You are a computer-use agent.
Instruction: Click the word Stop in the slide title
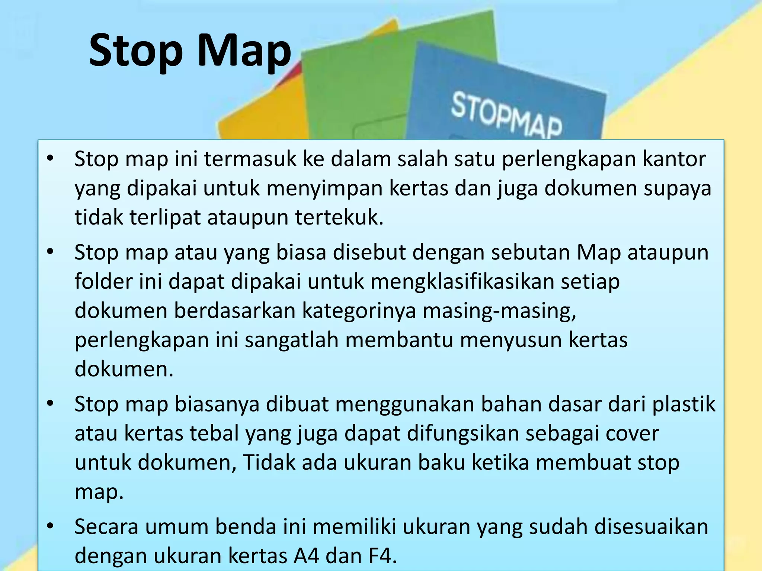point(136,50)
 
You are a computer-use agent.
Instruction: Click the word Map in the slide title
point(243,50)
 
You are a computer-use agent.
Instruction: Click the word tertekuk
point(339,217)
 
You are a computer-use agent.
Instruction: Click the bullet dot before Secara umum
point(51,526)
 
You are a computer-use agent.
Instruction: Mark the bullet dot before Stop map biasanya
point(51,403)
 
